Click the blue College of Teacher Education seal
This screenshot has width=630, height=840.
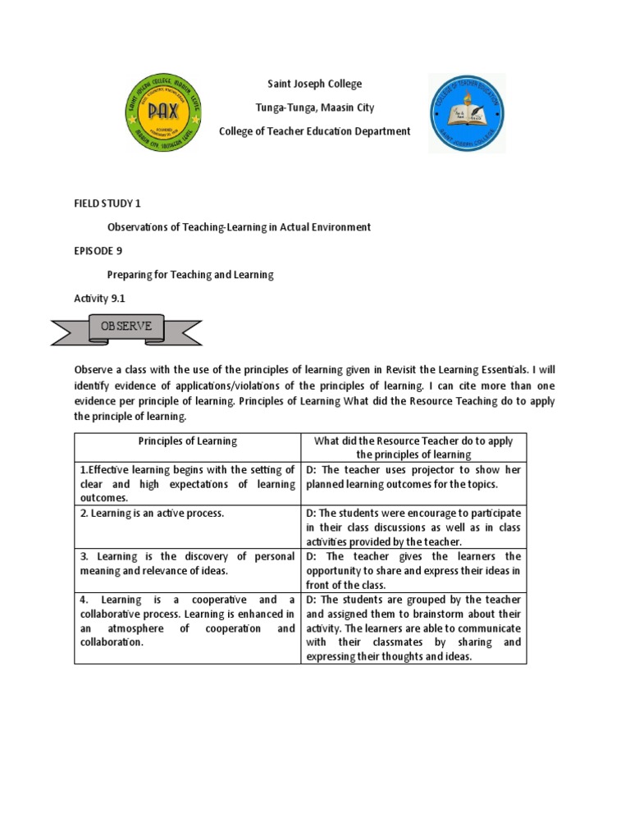point(468,112)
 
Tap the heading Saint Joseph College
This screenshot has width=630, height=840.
point(315,84)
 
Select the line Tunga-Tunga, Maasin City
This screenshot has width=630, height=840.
point(315,107)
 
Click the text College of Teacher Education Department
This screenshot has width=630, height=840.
point(315,131)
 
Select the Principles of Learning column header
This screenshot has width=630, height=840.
point(187,441)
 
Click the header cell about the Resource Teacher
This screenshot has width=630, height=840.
point(413,447)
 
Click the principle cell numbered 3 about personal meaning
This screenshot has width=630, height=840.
point(187,564)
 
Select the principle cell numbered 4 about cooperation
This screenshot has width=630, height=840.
point(187,621)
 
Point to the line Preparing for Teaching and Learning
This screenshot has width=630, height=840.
point(190,275)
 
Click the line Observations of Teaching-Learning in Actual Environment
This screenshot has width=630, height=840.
point(240,226)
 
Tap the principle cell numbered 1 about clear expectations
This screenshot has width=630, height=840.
point(187,484)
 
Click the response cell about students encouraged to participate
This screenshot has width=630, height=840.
point(413,527)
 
